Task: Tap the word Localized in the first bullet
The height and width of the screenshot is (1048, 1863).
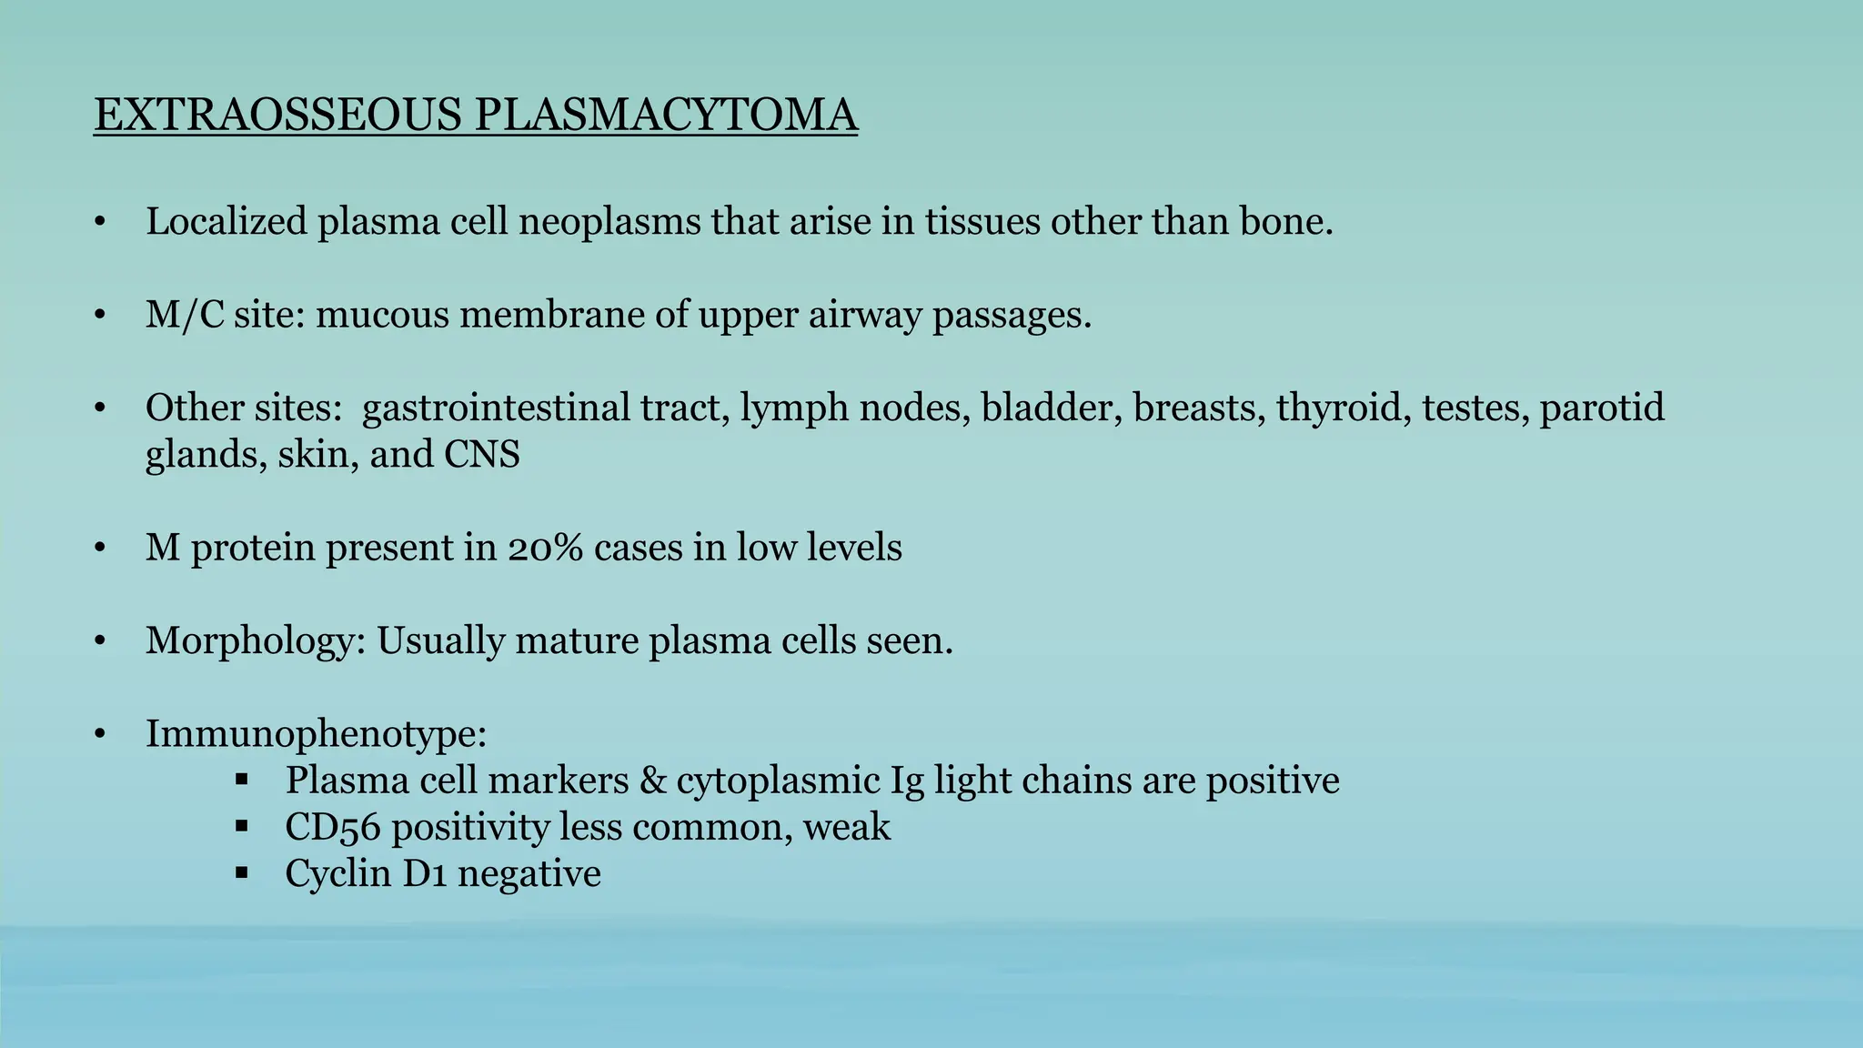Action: click(x=227, y=222)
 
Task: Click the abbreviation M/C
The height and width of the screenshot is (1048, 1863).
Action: click(x=185, y=316)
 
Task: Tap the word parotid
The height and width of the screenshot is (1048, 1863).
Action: click(x=1601, y=408)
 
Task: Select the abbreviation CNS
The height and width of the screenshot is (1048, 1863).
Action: click(x=481, y=455)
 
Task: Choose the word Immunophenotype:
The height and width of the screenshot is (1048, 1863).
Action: click(x=317, y=734)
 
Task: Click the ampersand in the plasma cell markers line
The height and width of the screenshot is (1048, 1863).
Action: click(x=652, y=781)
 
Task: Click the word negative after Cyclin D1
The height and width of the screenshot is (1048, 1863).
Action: click(x=529, y=874)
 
